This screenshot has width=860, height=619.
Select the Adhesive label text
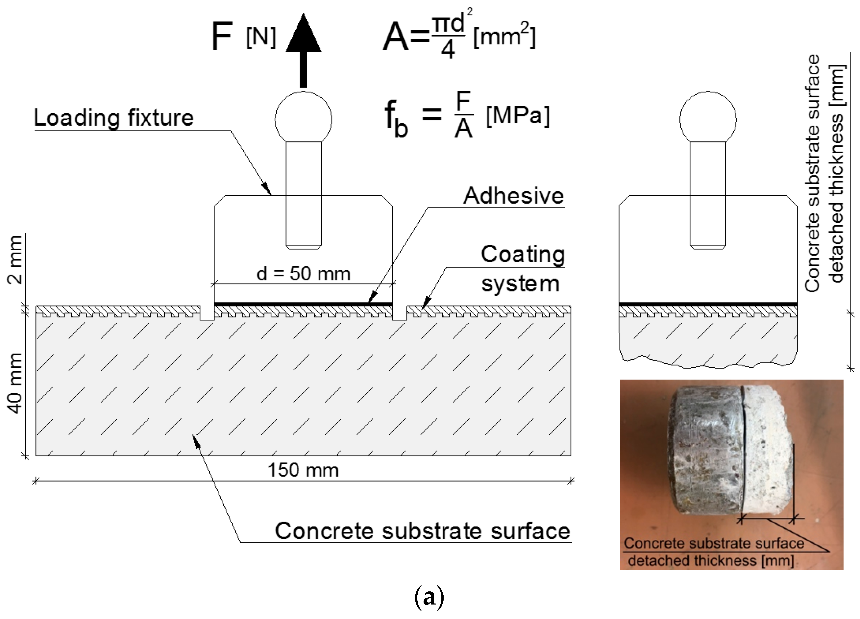click(x=513, y=196)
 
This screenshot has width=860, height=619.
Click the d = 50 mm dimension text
click(x=303, y=273)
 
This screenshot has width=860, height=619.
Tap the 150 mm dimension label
click(x=303, y=470)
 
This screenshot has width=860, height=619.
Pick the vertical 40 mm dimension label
click(x=15, y=383)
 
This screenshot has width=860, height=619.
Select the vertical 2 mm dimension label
click(x=15, y=260)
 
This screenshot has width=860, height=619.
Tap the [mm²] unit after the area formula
click(x=504, y=37)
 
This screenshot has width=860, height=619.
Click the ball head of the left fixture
click(x=303, y=119)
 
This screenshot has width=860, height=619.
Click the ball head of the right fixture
click(x=708, y=119)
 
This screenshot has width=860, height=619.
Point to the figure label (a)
click(x=429, y=598)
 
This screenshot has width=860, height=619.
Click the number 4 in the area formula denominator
click(x=448, y=50)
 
